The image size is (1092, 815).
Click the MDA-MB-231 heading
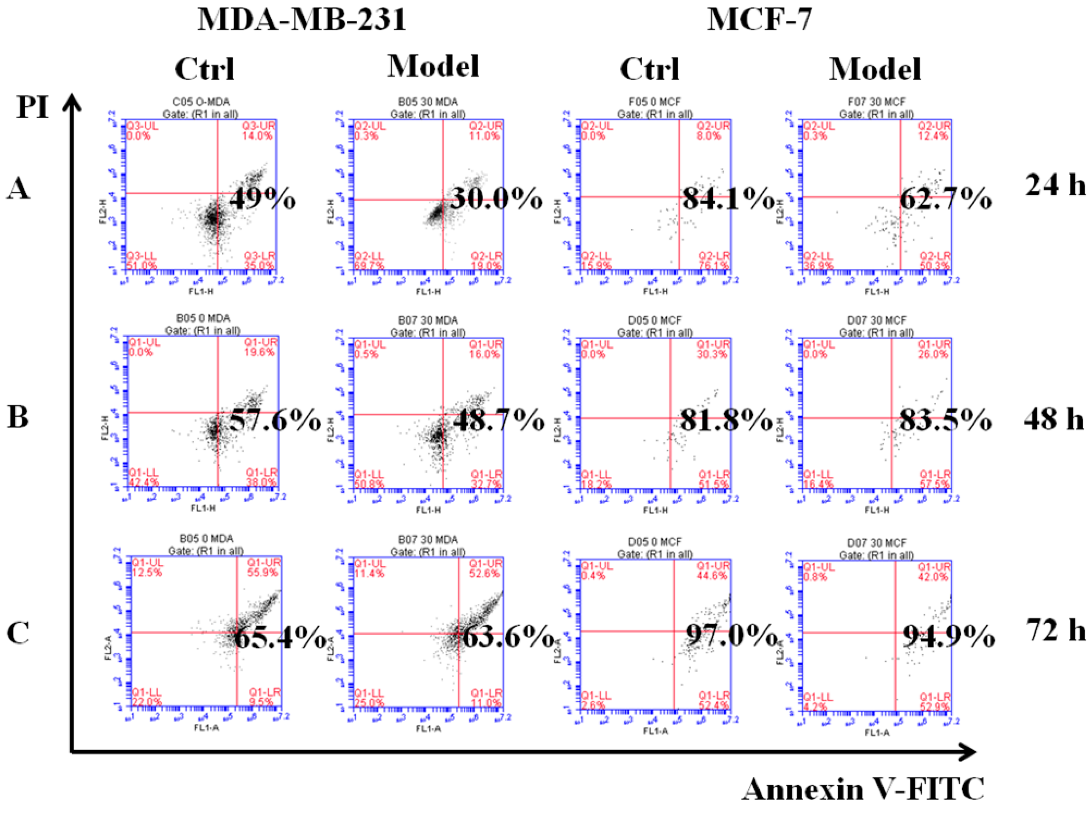(302, 21)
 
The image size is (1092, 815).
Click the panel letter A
(18, 189)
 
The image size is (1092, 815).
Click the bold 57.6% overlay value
(275, 421)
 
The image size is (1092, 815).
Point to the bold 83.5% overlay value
(945, 421)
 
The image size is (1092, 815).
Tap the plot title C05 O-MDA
(201, 102)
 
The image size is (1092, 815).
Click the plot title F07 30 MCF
(876, 102)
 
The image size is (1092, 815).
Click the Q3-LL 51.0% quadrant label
(142, 261)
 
